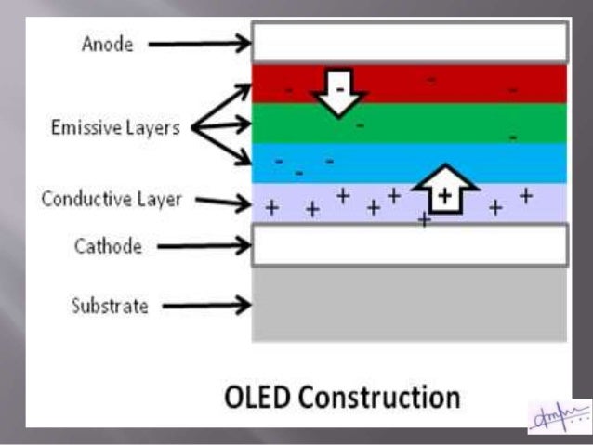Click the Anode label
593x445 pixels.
click(108, 44)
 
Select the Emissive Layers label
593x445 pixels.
click(115, 128)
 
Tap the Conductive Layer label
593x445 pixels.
click(112, 199)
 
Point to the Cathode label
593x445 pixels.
click(109, 247)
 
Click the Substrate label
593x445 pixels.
click(110, 305)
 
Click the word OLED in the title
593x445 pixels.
click(255, 398)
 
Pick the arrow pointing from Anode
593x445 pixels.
click(200, 43)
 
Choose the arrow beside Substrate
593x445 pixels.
click(210, 304)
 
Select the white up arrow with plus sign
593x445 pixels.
click(444, 190)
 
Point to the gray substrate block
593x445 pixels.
click(409, 304)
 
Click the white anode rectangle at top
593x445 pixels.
click(409, 41)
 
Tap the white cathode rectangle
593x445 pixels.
click(409, 244)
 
